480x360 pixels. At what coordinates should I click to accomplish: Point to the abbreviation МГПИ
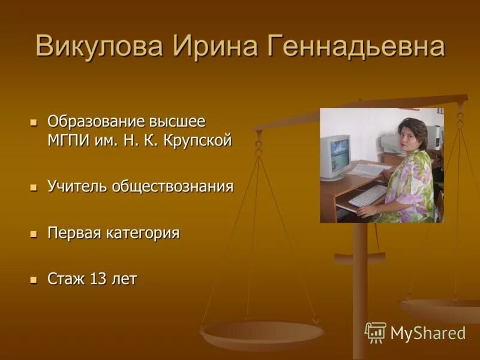tap(68, 141)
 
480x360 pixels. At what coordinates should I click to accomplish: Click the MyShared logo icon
tap(375, 332)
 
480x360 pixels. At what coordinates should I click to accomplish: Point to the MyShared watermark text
tap(428, 333)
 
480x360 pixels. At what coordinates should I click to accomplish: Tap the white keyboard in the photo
tap(367, 196)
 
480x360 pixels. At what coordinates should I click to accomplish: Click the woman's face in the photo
tap(412, 139)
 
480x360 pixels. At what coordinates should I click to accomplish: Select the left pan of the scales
tap(262, 333)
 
